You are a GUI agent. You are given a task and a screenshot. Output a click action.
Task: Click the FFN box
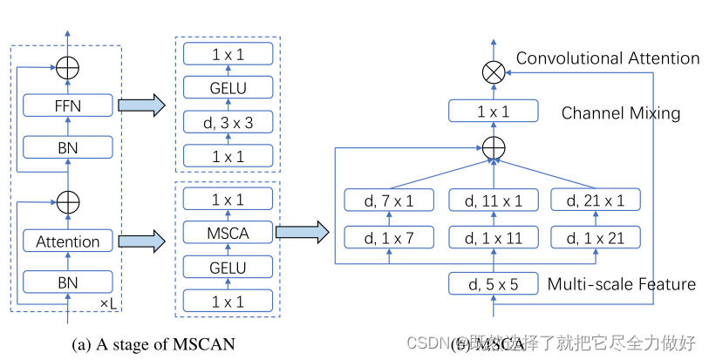(x=68, y=106)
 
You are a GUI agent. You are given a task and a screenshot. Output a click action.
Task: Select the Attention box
(x=68, y=241)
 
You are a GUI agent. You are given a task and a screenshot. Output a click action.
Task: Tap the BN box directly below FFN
(x=68, y=147)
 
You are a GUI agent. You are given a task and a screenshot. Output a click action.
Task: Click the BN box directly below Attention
(x=68, y=282)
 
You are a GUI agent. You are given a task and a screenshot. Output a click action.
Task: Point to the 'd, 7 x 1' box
(x=389, y=202)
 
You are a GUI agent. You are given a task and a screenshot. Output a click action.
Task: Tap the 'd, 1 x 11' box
(x=494, y=236)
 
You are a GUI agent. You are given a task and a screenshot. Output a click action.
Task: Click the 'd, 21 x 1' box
(x=596, y=202)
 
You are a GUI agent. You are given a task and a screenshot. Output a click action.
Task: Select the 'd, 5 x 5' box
(x=494, y=284)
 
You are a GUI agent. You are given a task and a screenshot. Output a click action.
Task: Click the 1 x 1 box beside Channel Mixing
(x=494, y=112)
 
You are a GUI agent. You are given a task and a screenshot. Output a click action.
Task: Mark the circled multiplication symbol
(x=494, y=73)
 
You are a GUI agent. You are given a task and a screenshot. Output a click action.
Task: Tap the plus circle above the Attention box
(x=68, y=202)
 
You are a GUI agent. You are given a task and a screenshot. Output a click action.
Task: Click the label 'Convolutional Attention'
(x=608, y=58)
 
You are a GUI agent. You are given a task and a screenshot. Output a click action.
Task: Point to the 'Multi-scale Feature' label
(x=621, y=284)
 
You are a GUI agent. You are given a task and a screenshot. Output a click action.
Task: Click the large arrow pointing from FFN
(x=141, y=106)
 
